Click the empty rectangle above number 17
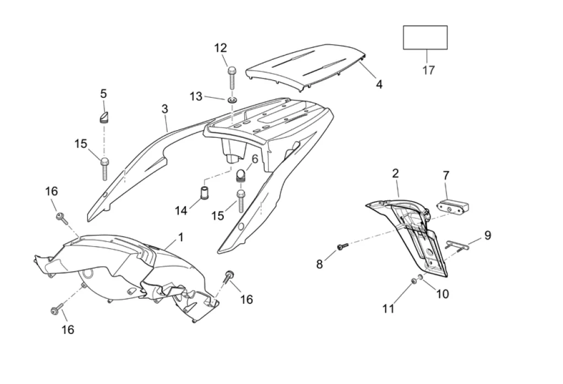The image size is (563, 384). pyautogui.click(x=425, y=37)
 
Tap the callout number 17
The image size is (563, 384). pyautogui.click(x=428, y=70)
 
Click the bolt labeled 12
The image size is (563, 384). pyautogui.click(x=231, y=77)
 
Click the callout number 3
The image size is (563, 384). pyautogui.click(x=165, y=109)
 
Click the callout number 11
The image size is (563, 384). pyautogui.click(x=389, y=309)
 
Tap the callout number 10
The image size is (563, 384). pyautogui.click(x=443, y=294)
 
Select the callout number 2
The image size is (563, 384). pyautogui.click(x=395, y=174)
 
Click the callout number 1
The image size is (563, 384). pyautogui.click(x=180, y=237)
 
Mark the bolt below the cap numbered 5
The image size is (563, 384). pyautogui.click(x=104, y=168)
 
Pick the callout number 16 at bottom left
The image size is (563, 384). pyautogui.click(x=68, y=330)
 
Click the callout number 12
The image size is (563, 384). pyautogui.click(x=220, y=48)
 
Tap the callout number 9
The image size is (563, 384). pyautogui.click(x=487, y=235)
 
